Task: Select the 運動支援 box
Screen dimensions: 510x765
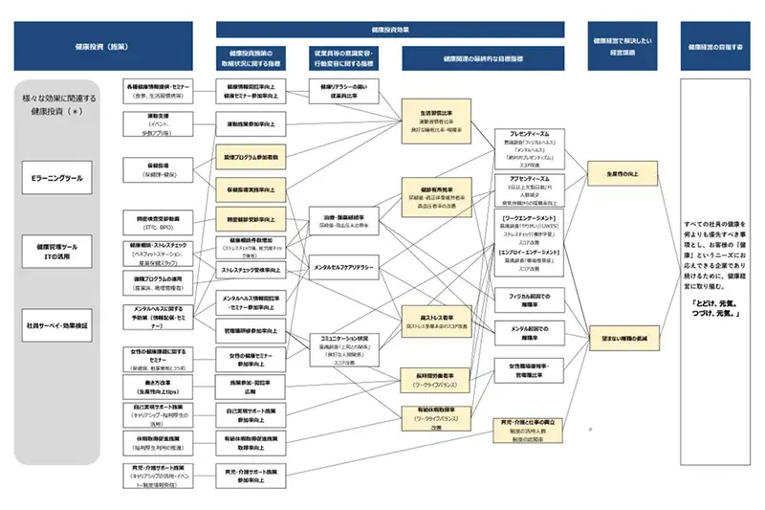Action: [159, 123]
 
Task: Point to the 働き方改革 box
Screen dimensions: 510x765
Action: [159, 388]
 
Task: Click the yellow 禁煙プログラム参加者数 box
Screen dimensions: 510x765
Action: [251, 155]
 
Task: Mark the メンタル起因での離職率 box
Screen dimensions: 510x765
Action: [531, 332]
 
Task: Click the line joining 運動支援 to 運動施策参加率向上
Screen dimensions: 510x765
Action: [205, 124]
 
